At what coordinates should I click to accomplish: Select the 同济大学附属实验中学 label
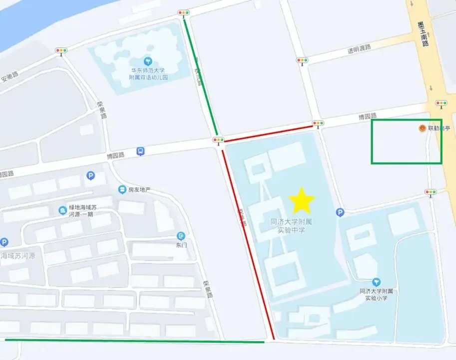tap(291, 225)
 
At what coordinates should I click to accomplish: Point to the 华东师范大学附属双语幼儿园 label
tap(147, 74)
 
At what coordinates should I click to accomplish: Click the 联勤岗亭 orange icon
tap(422, 128)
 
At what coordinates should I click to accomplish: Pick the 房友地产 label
tap(139, 189)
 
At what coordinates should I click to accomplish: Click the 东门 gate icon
tap(181, 235)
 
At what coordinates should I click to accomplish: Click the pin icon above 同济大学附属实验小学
tap(376, 282)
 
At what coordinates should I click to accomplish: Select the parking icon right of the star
tap(340, 212)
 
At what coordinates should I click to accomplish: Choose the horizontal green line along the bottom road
tap(135, 341)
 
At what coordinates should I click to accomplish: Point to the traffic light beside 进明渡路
tap(302, 61)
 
